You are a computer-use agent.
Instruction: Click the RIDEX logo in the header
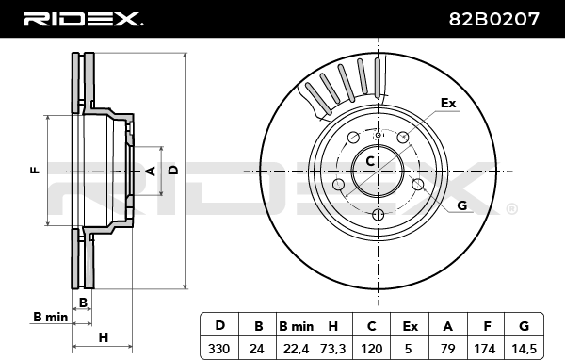tap(83, 19)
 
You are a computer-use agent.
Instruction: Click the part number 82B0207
tap(493, 19)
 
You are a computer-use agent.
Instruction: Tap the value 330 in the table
tap(218, 349)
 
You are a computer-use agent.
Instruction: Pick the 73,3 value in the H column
tap(333, 349)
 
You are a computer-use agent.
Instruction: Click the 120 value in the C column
tap(372, 349)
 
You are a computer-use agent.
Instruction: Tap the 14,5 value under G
tap(525, 349)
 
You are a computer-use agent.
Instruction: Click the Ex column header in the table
tap(410, 326)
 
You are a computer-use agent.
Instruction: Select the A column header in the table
tap(448, 326)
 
